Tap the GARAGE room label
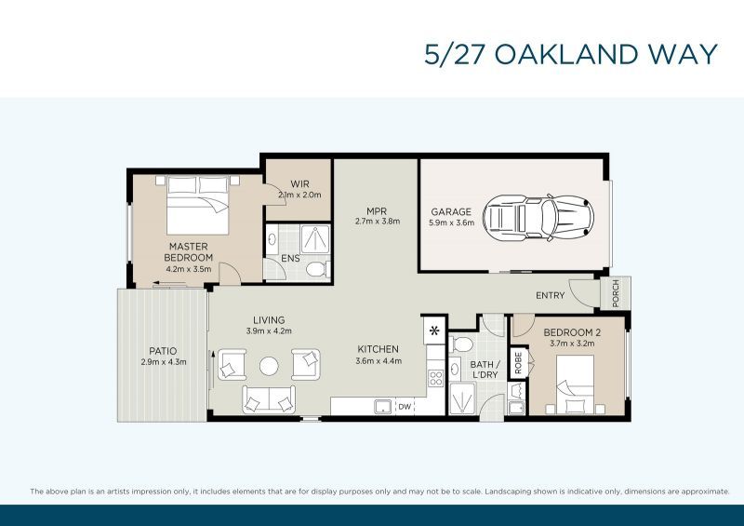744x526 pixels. pos(450,212)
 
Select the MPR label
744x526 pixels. pos(377,210)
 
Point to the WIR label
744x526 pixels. pos(299,184)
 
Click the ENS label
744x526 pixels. pos(277,258)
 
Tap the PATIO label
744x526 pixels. pos(157,351)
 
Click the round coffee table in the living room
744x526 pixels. pos(270,364)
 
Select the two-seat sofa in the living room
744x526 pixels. pos(269,398)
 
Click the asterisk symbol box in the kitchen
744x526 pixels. pos(434,330)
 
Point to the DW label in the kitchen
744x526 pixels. pos(405,407)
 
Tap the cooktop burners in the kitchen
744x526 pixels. pos(434,378)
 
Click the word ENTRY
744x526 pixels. pos(551,295)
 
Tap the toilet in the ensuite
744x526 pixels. pos(314,269)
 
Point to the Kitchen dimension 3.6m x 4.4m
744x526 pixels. pos(378,360)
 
